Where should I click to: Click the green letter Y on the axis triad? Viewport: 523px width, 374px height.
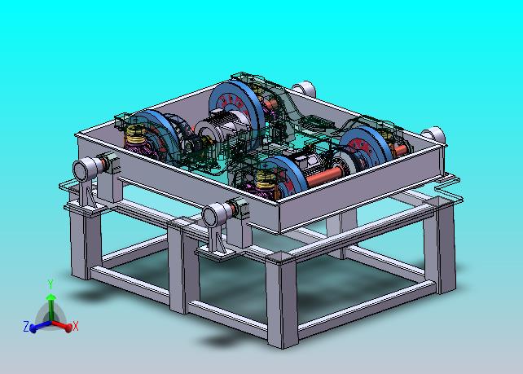point(51,284)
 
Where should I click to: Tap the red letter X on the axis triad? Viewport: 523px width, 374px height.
point(76,326)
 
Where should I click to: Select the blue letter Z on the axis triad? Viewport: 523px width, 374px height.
point(26,326)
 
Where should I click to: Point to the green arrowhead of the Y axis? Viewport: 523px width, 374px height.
point(51,297)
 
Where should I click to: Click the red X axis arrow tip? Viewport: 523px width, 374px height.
point(68,328)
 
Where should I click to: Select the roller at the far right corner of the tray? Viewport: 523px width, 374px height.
point(434,135)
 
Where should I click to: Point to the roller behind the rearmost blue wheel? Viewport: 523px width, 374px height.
point(305,89)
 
